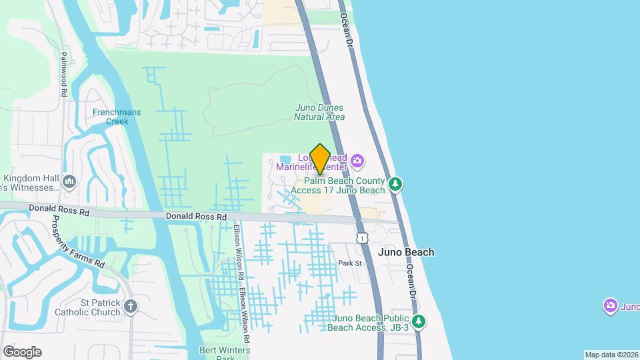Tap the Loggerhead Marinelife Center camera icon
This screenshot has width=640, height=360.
point(357,161)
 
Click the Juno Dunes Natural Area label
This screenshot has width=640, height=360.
point(319,112)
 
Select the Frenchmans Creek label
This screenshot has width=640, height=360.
point(117,117)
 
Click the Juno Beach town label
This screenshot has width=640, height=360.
point(406,252)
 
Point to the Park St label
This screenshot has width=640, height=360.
point(349,263)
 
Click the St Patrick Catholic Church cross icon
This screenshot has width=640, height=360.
point(131,307)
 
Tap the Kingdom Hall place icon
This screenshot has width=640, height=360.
point(69,182)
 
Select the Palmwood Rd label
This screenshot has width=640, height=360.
point(64,75)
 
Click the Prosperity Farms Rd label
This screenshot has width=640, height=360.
point(79,243)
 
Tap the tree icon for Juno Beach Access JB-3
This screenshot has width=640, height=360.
point(419,322)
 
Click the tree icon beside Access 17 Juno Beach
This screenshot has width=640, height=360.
point(396,183)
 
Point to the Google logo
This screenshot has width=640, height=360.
point(22,352)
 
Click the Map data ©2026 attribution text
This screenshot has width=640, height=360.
point(611,355)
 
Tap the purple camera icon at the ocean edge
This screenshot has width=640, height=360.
point(609,306)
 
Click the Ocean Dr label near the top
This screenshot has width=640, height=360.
point(349,30)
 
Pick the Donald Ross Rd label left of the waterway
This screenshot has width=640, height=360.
point(59,209)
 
